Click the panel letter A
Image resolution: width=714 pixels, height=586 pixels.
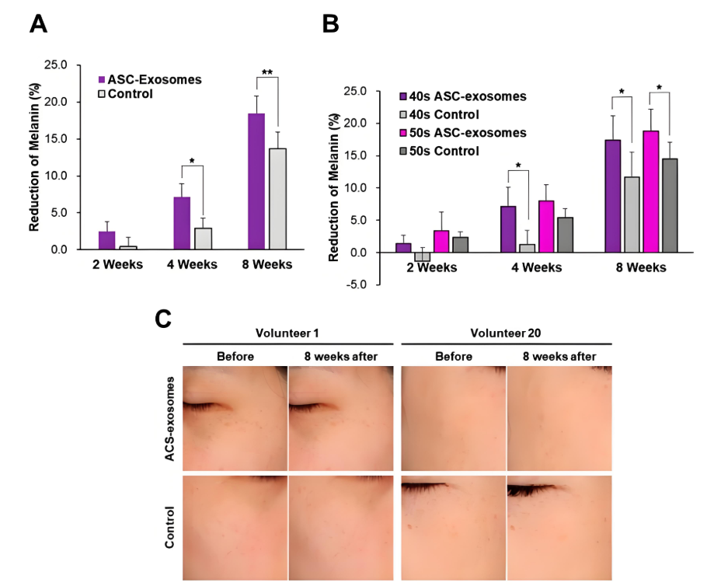click(x=38, y=24)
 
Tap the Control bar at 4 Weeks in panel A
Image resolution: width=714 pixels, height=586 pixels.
click(x=204, y=239)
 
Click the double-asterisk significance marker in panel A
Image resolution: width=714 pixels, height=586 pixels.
click(x=266, y=73)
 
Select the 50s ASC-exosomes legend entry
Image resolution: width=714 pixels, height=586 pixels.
click(x=461, y=133)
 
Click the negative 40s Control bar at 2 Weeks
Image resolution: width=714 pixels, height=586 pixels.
click(x=422, y=256)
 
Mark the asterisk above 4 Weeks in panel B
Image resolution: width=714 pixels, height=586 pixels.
click(x=517, y=166)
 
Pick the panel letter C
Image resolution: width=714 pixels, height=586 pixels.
click(x=164, y=319)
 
